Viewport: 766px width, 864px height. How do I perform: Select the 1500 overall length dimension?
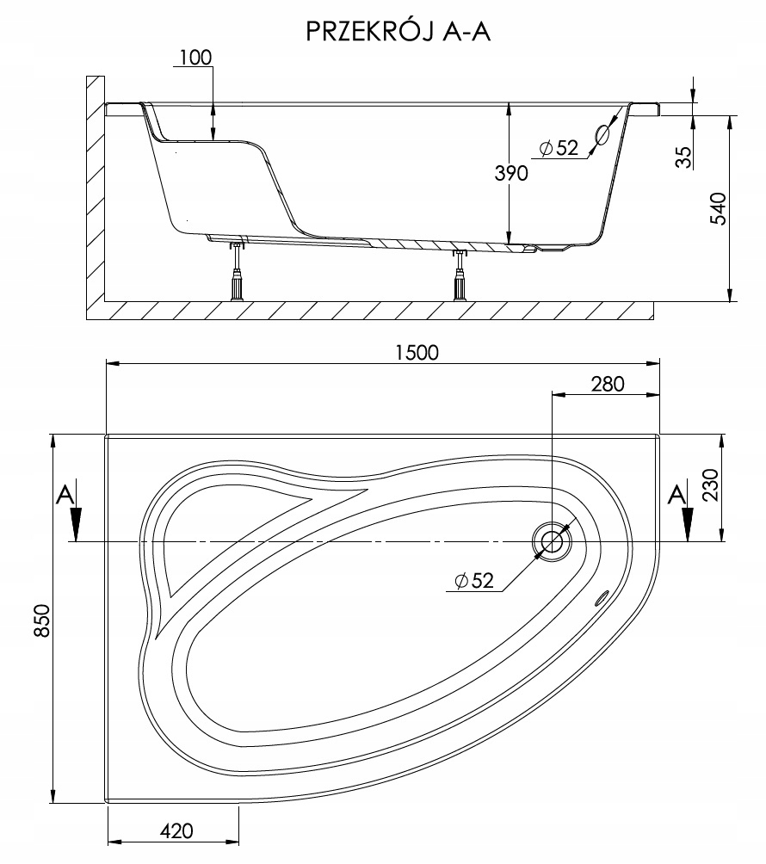click(417, 352)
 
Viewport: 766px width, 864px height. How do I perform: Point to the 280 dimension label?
click(607, 384)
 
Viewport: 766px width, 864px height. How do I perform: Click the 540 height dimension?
click(720, 209)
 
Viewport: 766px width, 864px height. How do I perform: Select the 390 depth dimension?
click(510, 172)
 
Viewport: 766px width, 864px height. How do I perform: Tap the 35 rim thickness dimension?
click(685, 157)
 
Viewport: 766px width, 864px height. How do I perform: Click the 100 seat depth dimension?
click(195, 58)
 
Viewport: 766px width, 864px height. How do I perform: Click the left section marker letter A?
click(63, 494)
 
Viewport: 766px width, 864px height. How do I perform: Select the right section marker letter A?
click(678, 494)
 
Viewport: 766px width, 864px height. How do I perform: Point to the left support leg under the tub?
click(236, 274)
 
